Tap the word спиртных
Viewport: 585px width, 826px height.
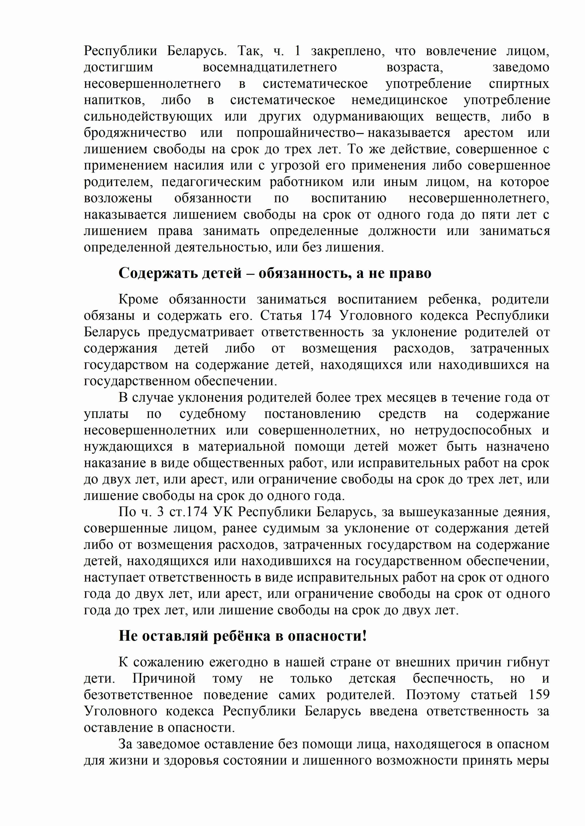(x=519, y=84)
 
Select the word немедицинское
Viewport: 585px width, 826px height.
(x=399, y=100)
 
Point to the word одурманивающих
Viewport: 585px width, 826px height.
(x=368, y=117)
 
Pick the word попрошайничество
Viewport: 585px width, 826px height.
(x=295, y=133)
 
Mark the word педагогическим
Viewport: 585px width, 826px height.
(x=211, y=182)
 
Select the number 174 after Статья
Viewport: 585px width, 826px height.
(x=321, y=315)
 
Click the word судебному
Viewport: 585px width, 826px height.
(x=213, y=414)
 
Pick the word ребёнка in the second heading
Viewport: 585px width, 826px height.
(x=241, y=636)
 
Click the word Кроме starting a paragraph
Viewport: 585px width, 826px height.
(x=138, y=299)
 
